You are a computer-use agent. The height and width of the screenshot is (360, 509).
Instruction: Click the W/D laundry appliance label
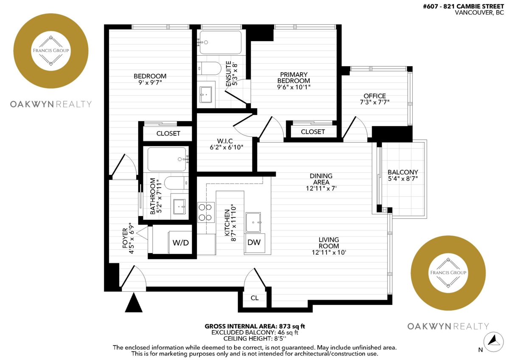click(x=181, y=243)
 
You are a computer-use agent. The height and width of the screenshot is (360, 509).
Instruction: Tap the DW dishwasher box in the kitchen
click(x=254, y=243)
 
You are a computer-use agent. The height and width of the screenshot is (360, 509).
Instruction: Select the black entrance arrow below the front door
click(x=134, y=302)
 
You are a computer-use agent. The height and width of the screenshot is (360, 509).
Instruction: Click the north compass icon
click(x=493, y=342)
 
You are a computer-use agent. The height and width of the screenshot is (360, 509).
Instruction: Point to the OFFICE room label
click(x=375, y=96)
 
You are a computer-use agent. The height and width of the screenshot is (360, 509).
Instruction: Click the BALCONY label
click(x=403, y=172)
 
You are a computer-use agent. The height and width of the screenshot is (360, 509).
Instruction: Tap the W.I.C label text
click(x=225, y=141)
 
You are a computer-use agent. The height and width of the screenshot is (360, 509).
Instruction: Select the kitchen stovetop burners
click(x=206, y=212)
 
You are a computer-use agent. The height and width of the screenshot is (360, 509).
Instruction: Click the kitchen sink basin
click(x=253, y=222)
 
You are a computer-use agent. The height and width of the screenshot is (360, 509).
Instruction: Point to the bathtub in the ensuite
click(x=221, y=42)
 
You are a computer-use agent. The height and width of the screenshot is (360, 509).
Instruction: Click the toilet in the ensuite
click(x=209, y=68)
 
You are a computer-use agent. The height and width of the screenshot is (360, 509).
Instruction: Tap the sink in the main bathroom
click(x=179, y=207)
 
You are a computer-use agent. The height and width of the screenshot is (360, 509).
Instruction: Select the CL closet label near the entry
click(x=255, y=298)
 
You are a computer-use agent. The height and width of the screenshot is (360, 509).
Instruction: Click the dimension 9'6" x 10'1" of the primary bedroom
click(x=294, y=87)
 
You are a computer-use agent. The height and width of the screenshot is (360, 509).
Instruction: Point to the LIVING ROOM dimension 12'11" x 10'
click(x=329, y=252)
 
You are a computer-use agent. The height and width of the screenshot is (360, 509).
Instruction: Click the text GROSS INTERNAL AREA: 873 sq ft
click(x=255, y=326)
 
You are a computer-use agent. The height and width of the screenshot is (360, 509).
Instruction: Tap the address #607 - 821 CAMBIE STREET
click(x=464, y=6)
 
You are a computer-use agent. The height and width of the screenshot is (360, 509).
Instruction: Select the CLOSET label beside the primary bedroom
click(x=313, y=132)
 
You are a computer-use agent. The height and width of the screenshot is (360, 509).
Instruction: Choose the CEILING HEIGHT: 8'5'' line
click(x=255, y=339)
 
